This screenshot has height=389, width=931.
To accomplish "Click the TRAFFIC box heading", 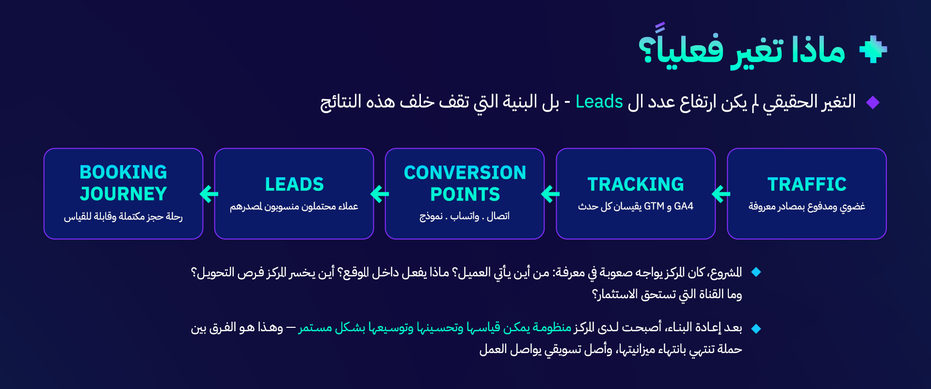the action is click(x=807, y=184).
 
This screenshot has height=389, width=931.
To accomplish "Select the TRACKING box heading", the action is click(x=636, y=184).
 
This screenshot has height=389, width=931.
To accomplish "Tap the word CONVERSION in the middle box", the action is click(x=465, y=172).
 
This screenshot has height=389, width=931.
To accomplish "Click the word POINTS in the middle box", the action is click(x=465, y=194).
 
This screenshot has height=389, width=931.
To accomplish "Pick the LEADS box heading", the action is click(x=294, y=184).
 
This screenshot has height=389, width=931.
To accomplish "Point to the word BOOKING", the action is click(x=123, y=172).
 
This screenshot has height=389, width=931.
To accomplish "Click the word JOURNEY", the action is click(x=123, y=194).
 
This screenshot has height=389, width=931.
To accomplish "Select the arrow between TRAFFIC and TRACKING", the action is click(x=721, y=194).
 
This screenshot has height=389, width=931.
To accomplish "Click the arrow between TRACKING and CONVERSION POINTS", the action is click(x=550, y=194).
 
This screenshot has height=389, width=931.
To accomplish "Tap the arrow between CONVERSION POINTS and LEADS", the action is click(x=380, y=194).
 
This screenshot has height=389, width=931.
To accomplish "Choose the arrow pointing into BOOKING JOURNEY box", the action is click(x=209, y=194).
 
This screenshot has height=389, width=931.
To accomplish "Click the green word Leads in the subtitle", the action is click(x=599, y=102).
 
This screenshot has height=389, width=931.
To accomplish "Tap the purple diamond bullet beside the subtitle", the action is click(x=873, y=102).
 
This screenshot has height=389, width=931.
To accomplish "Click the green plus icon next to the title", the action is click(x=873, y=49).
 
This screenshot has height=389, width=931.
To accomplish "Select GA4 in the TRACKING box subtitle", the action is click(x=684, y=206).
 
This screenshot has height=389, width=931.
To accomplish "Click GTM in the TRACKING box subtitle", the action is click(x=654, y=206).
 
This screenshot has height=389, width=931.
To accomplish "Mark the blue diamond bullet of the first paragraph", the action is click(x=755, y=272).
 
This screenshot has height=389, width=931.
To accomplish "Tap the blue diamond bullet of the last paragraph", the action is click(x=755, y=329).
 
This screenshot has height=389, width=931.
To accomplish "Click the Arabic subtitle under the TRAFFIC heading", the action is click(x=807, y=206).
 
